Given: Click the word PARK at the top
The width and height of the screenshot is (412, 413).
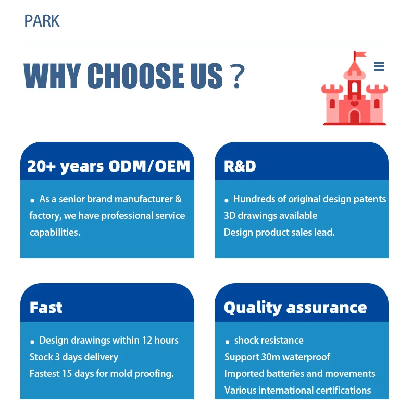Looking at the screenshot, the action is pyautogui.click(x=42, y=21).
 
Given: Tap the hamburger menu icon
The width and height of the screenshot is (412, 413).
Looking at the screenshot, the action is pyautogui.click(x=379, y=66).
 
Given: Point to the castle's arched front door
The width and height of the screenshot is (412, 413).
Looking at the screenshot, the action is pyautogui.click(x=355, y=117).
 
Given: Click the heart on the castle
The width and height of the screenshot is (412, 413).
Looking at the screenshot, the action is pyautogui.click(x=355, y=103).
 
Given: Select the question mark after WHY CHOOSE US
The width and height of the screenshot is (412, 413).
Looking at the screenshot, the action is pyautogui.click(x=238, y=76).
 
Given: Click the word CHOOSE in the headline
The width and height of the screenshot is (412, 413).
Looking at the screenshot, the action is pyautogui.click(x=136, y=76).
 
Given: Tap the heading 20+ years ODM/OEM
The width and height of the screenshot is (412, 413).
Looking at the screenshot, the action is pyautogui.click(x=108, y=166).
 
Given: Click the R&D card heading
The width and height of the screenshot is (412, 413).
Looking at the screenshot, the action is pyautogui.click(x=240, y=166).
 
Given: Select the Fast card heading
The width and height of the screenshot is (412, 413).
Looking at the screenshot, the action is pyautogui.click(x=46, y=307).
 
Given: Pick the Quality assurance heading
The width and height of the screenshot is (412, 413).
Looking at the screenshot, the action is pyautogui.click(x=295, y=308).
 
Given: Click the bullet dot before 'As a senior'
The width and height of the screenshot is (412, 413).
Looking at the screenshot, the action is pyautogui.click(x=32, y=201).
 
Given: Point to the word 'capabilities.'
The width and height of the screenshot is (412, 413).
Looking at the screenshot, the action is pyautogui.click(x=55, y=233).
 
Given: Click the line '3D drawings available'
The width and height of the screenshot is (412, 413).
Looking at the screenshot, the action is pyautogui.click(x=270, y=216).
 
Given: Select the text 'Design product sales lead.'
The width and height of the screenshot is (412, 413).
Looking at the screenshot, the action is pyautogui.click(x=279, y=233).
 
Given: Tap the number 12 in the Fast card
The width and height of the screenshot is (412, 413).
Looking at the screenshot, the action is pyautogui.click(x=147, y=341).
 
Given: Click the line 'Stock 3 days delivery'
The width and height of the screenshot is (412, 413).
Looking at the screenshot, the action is pyautogui.click(x=73, y=357).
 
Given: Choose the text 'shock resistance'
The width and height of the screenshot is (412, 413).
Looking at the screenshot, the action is pyautogui.click(x=269, y=341).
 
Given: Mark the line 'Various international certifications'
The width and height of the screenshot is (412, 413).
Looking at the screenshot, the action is pyautogui.click(x=297, y=391).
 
